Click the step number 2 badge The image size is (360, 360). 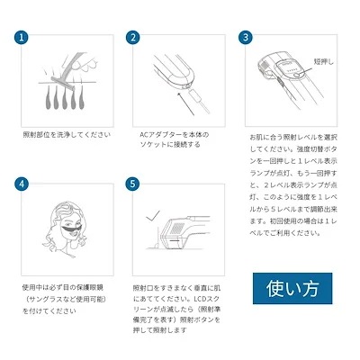pos(134,38)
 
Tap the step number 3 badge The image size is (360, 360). pos(245,38)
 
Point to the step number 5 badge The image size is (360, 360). pos(134,184)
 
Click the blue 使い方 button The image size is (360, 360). pos(292,290)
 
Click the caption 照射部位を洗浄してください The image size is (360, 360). pos(67,135)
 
